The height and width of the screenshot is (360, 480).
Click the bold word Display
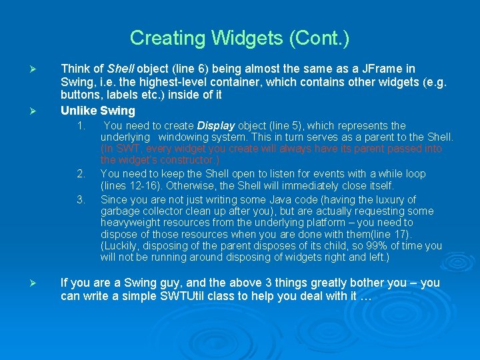click(x=215, y=125)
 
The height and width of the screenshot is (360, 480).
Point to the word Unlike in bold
click(x=79, y=111)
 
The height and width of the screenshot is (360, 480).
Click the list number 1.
click(x=80, y=125)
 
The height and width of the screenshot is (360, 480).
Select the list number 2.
click(x=80, y=174)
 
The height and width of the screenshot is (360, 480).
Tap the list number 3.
click(x=80, y=199)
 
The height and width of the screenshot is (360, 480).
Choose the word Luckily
click(x=121, y=246)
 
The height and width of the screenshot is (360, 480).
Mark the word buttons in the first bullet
click(x=79, y=94)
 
